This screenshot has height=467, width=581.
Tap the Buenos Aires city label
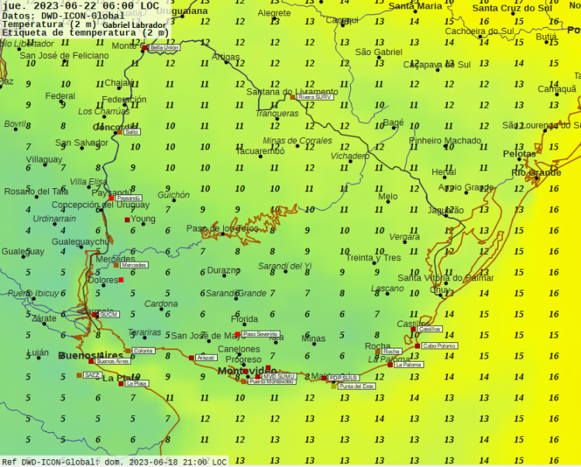click(x=91, y=355)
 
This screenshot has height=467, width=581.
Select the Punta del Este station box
click(x=356, y=386)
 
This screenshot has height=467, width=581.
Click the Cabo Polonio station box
click(x=439, y=346)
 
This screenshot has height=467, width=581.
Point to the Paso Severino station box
click(x=260, y=334)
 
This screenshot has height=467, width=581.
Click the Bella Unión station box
click(x=164, y=47)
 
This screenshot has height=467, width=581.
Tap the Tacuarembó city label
click(x=260, y=152)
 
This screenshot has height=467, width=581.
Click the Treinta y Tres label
click(x=373, y=258)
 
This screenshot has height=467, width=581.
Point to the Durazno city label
click(x=223, y=271)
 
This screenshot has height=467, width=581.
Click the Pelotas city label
click(x=519, y=154)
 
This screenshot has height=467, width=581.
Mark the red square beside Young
click(x=127, y=220)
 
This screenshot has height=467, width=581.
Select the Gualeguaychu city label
click(x=81, y=242)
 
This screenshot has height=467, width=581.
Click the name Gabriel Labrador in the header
click(x=134, y=25)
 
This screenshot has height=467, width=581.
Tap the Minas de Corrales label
click(x=297, y=140)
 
